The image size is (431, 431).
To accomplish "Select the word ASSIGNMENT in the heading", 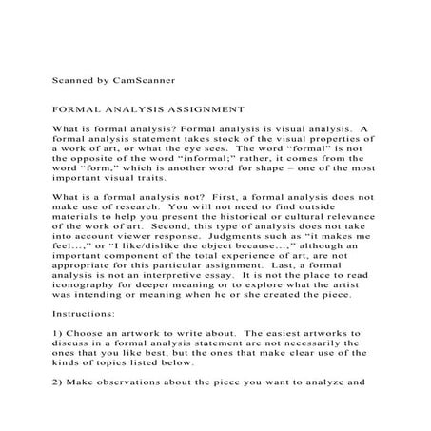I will [214, 109].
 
